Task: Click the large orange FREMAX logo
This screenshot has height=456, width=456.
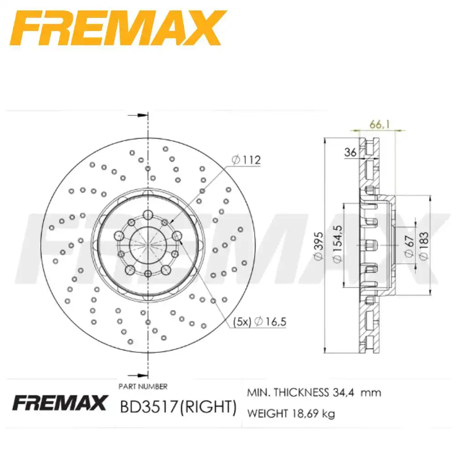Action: (x=116, y=28)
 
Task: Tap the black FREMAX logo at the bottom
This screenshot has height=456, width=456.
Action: (x=59, y=403)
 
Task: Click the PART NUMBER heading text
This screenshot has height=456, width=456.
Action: (x=143, y=386)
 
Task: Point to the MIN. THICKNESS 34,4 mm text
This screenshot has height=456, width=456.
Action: (x=314, y=392)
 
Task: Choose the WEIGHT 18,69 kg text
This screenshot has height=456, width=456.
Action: (x=291, y=414)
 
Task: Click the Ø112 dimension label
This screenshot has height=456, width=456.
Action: (x=246, y=160)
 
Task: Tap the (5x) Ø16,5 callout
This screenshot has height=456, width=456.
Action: (x=259, y=321)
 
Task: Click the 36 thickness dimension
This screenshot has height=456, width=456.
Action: (x=350, y=153)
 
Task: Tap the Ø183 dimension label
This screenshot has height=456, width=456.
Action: (x=424, y=246)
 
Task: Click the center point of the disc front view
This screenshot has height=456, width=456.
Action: (x=148, y=244)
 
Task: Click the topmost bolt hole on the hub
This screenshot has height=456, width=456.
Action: (x=148, y=214)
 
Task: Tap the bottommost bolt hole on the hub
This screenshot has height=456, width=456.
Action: (x=148, y=274)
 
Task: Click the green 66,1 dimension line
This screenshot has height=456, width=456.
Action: (x=378, y=131)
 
